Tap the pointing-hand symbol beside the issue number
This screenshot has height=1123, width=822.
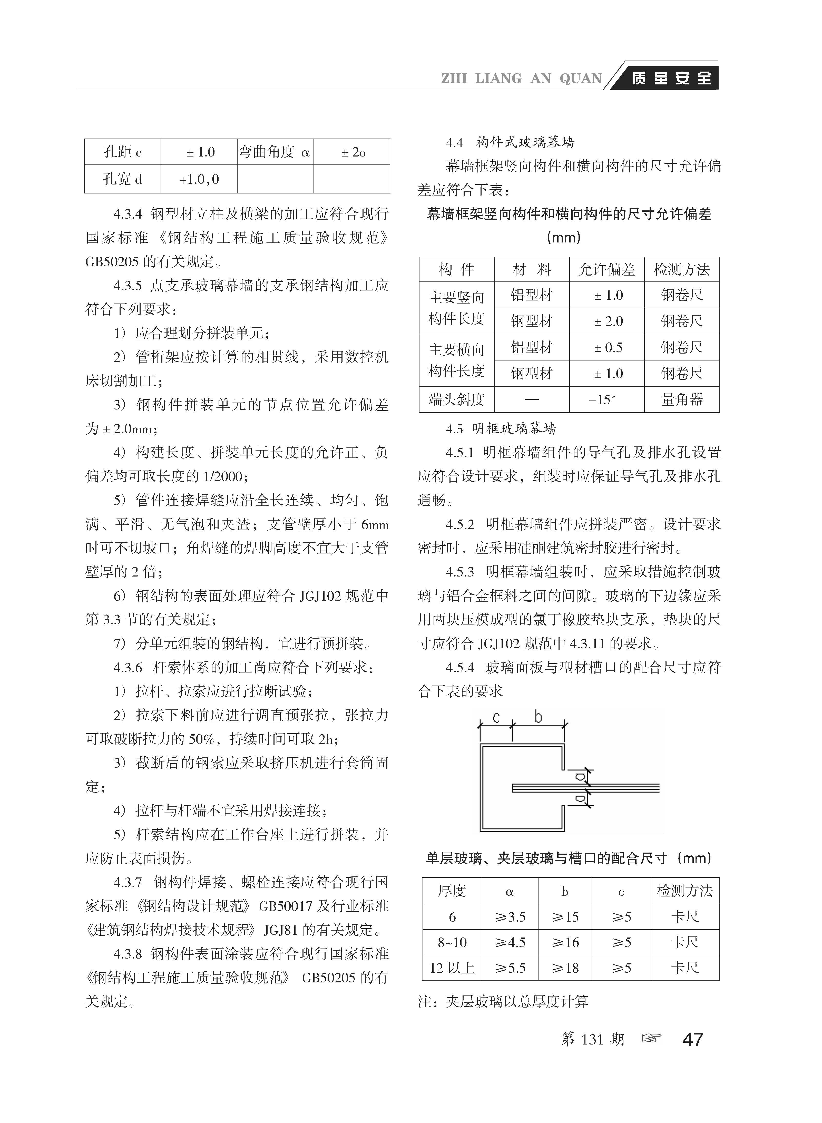tap(652, 1038)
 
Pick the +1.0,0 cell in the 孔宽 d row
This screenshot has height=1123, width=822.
tap(199, 179)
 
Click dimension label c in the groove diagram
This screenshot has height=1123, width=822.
tap(496, 717)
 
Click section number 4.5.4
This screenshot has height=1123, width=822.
tap(460, 667)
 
